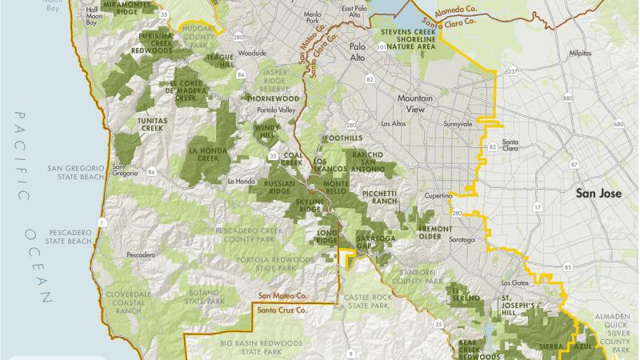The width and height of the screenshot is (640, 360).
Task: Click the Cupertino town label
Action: pyautogui.click(x=439, y=196)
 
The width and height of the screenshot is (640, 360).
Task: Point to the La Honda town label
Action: pyautogui.click(x=240, y=181)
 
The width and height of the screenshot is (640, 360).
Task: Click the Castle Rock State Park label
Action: pyautogui.click(x=367, y=302)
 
